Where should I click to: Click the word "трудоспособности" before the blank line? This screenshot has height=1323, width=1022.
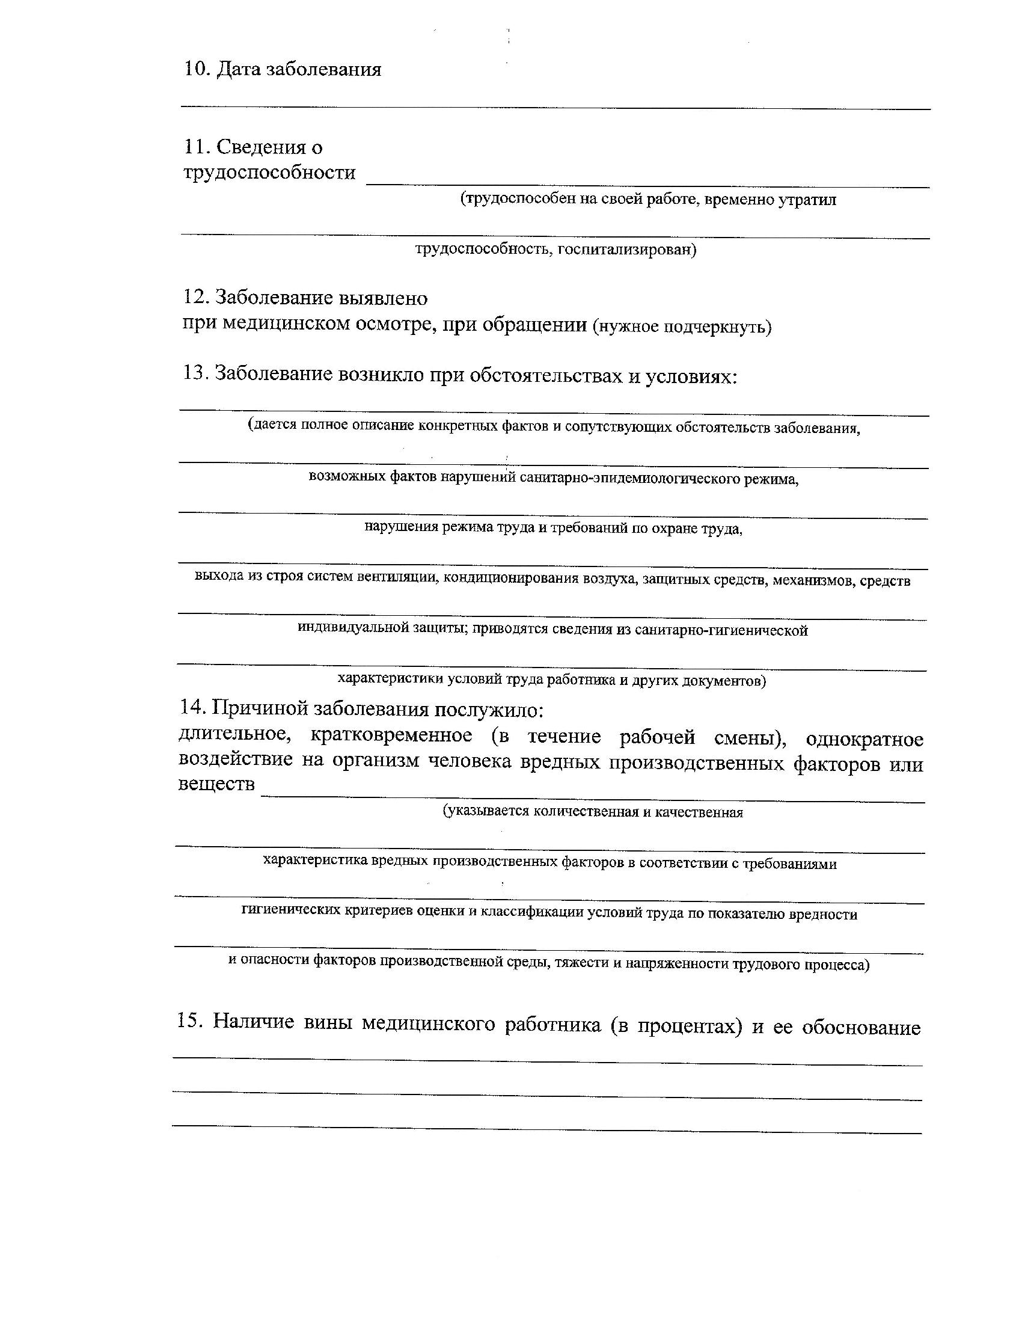[269, 173]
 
